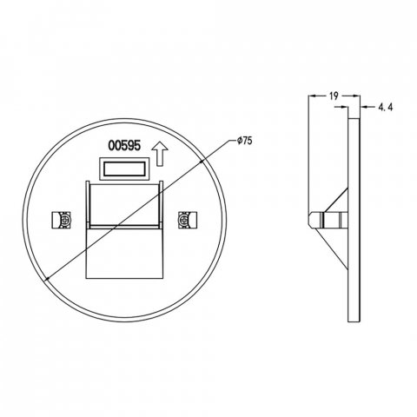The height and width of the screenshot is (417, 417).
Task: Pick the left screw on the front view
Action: pos(62,221)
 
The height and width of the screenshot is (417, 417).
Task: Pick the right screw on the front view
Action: pos(183,221)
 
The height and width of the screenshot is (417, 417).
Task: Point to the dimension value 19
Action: pos(333,99)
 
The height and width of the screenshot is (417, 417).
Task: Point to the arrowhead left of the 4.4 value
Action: pos(358,107)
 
